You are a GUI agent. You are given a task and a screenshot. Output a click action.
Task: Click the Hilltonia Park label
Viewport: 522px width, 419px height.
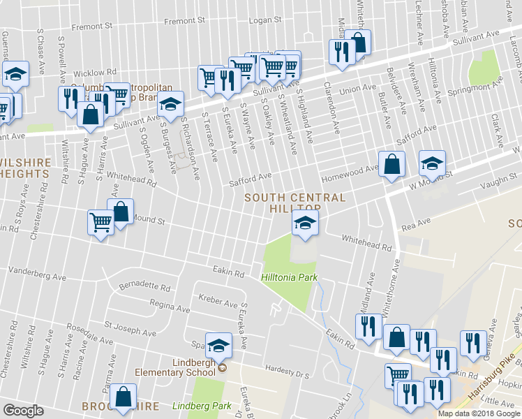289,278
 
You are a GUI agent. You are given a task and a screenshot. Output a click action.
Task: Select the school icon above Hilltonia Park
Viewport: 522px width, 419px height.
304,223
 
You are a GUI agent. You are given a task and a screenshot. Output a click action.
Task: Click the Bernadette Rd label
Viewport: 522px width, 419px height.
145,287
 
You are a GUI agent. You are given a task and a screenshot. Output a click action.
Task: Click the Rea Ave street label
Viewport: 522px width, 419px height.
417,223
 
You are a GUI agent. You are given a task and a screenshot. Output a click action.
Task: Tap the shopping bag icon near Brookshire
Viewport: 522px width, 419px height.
124,396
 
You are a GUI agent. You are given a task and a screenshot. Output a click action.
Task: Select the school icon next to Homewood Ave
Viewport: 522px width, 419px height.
432,164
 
